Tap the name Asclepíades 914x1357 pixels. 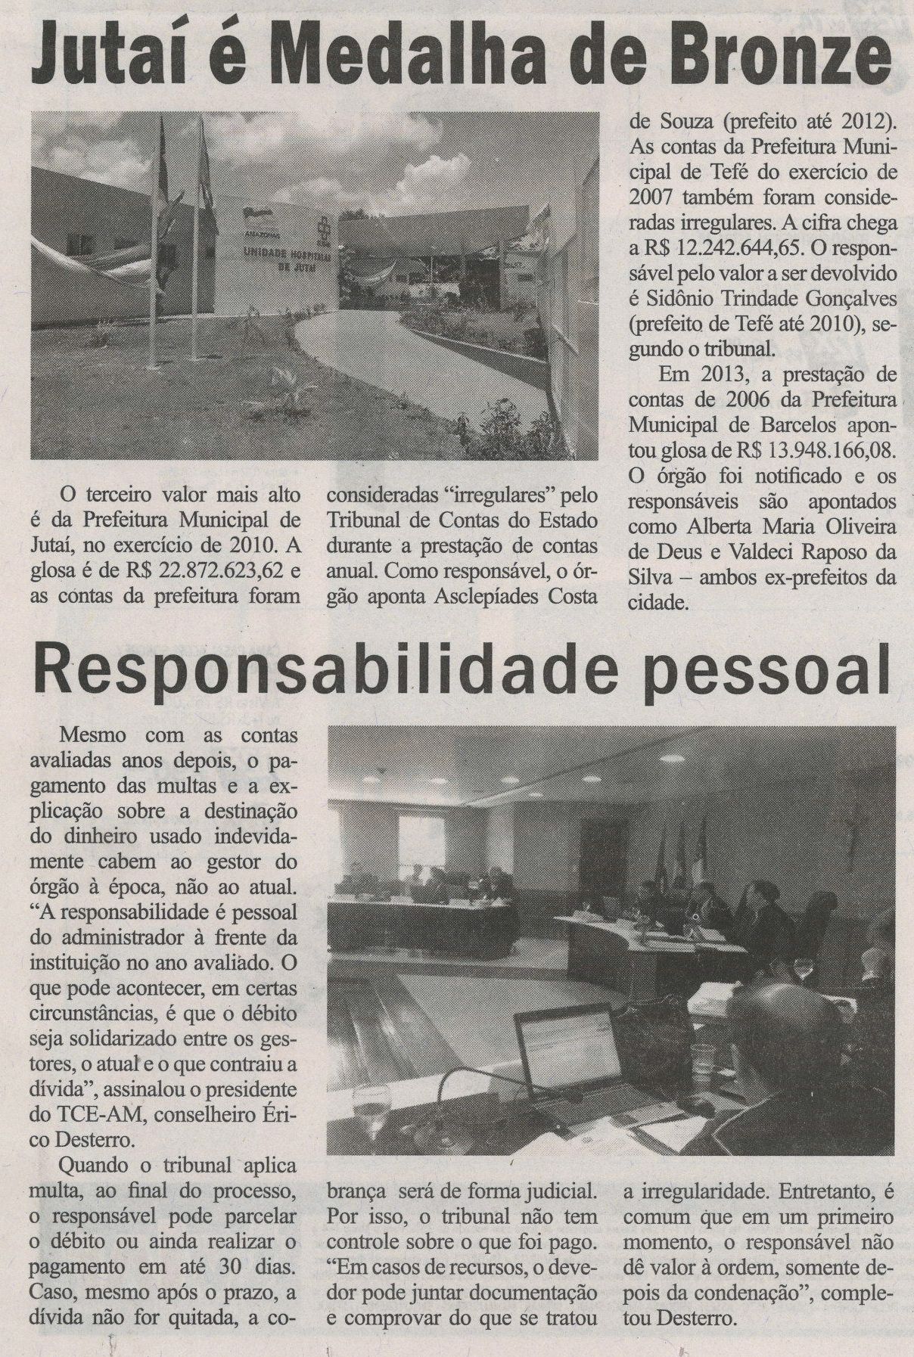(x=487, y=596)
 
